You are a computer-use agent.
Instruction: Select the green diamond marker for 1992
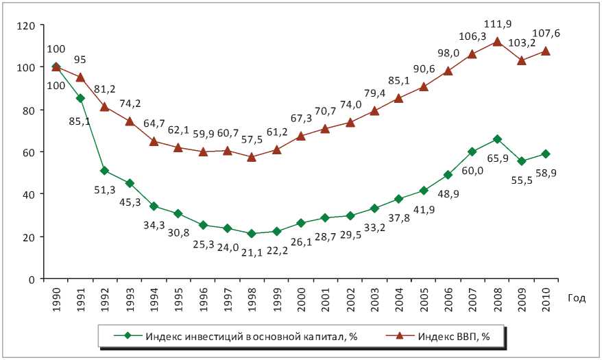[104, 171]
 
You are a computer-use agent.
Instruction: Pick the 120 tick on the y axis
[27, 25]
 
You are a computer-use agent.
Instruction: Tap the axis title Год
[575, 297]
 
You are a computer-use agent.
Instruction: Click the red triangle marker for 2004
[399, 98]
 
